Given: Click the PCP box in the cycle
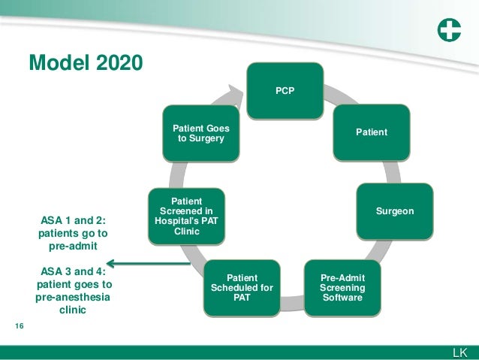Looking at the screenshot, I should pyautogui.click(x=285, y=91).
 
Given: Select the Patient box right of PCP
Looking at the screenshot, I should pyautogui.click(x=372, y=132).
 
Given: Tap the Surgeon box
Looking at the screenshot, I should pyautogui.click(x=395, y=212).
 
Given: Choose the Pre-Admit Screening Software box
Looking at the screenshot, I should pyautogui.click(x=342, y=288).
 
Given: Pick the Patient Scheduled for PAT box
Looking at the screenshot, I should pyautogui.click(x=242, y=288).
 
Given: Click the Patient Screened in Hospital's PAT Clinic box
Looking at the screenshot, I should pyautogui.click(x=186, y=216).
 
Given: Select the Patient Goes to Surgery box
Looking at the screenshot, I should pyautogui.click(x=201, y=132).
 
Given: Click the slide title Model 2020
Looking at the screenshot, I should pyautogui.click(x=85, y=62).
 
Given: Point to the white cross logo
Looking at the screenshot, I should pyautogui.click(x=448, y=32).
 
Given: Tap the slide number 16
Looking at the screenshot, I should pyautogui.click(x=20, y=326).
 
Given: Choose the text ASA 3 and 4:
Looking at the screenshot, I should pyautogui.click(x=73, y=271).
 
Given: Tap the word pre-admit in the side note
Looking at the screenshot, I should pyautogui.click(x=73, y=245).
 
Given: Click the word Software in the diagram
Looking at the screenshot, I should pyautogui.click(x=342, y=298).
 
